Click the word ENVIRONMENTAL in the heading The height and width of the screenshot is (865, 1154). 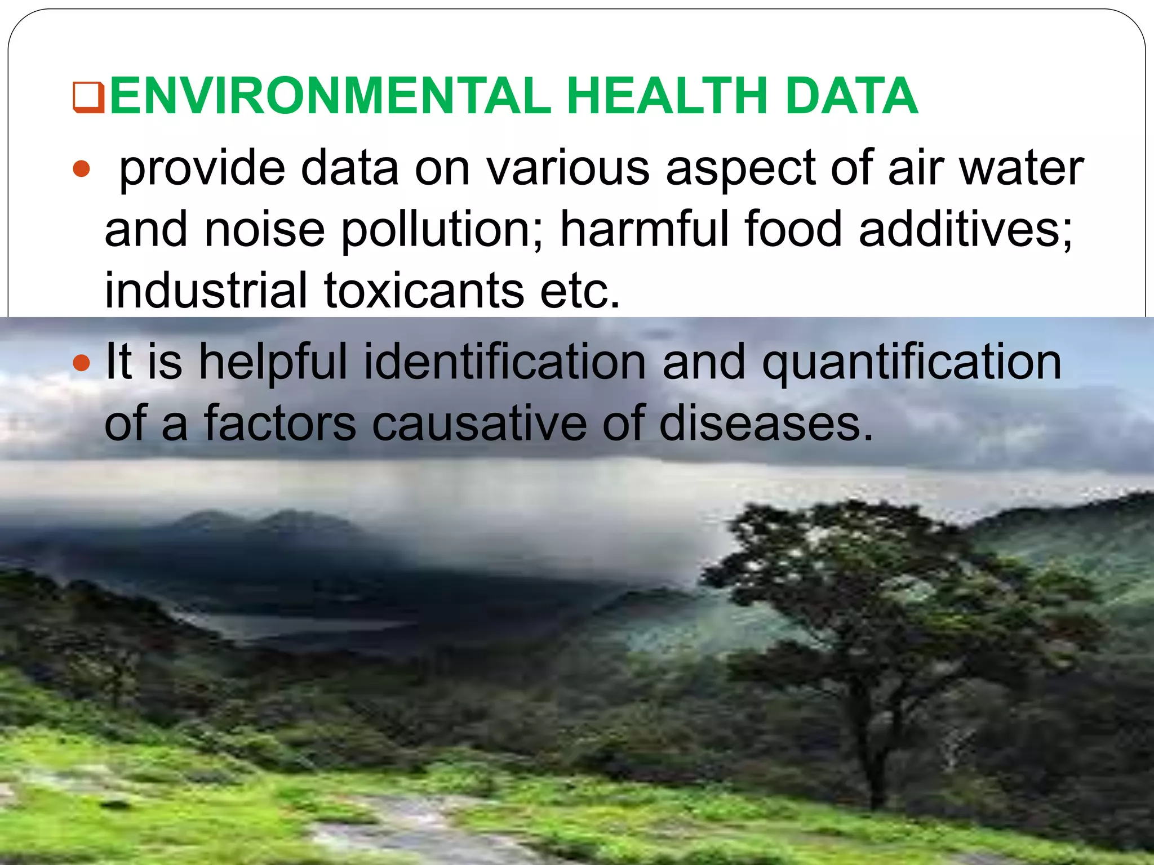(x=330, y=96)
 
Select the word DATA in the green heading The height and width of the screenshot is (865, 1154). (x=851, y=96)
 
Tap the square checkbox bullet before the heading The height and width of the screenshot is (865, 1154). (x=88, y=97)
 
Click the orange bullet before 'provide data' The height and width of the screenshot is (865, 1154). (x=82, y=168)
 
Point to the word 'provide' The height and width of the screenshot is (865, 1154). (x=203, y=169)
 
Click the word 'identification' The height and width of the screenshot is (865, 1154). (x=505, y=362)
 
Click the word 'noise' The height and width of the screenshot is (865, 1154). (x=265, y=230)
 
